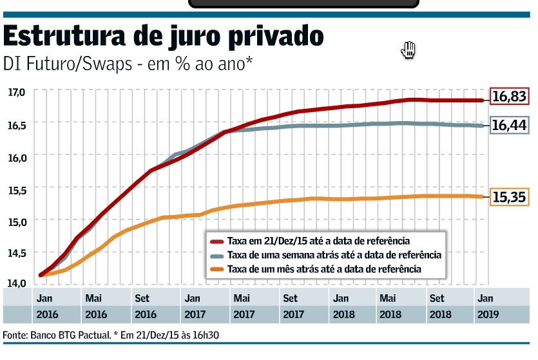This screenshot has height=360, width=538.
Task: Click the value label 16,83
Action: [x=509, y=97]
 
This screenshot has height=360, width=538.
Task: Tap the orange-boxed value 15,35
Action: [x=509, y=198]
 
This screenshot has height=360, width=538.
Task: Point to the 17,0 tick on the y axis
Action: [x=16, y=92]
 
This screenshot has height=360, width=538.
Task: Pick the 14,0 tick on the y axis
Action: [x=16, y=283]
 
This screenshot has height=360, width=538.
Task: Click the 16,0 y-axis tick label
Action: [x=16, y=157]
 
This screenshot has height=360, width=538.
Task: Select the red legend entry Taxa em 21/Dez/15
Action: [x=318, y=242]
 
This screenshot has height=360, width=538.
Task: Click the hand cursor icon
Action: [x=408, y=50]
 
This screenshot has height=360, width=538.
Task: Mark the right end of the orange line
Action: [x=483, y=196]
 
